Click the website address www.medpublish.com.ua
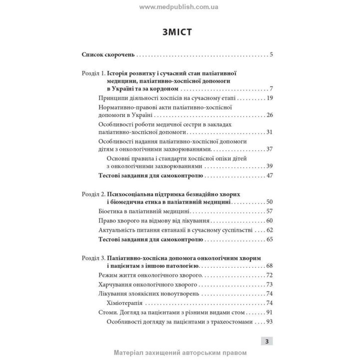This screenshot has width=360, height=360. pyautogui.click(x=179, y=7)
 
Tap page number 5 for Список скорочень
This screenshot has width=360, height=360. pyautogui.click(x=270, y=54)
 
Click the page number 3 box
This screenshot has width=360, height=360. pyautogui.click(x=266, y=341)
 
